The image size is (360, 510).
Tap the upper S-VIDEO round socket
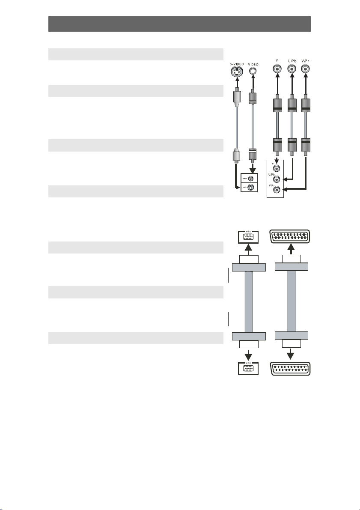(236, 73)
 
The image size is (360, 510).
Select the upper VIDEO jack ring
(253, 72)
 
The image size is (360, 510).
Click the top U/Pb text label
(292, 61)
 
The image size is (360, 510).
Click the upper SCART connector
(290, 236)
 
